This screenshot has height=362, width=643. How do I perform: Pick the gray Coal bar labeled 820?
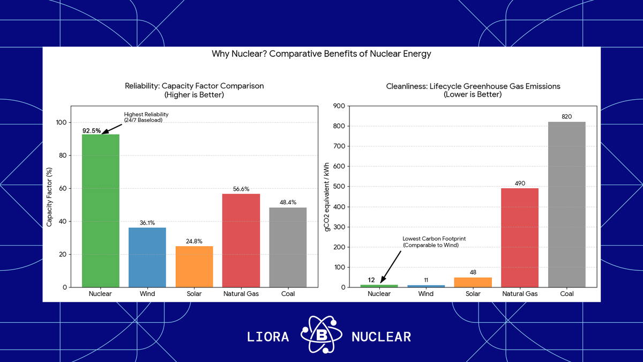[566, 204]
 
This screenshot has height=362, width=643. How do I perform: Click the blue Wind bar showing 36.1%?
[147, 257]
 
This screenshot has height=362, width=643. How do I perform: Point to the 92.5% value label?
[92, 130]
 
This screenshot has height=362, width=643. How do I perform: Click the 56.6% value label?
[241, 189]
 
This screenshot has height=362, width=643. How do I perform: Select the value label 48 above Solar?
[473, 272]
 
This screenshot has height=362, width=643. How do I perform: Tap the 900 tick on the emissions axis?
[338, 106]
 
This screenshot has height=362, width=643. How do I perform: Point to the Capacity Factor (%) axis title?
[49, 196]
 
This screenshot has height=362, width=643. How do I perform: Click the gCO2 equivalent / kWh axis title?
[326, 196]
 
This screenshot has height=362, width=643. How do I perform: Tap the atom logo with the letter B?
[320, 336]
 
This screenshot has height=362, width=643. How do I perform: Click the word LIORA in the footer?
[268, 337]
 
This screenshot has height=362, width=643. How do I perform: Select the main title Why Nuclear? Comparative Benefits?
[322, 54]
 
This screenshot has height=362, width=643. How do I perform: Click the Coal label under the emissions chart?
[566, 294]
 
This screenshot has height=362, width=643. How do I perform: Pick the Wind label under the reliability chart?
[147, 294]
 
